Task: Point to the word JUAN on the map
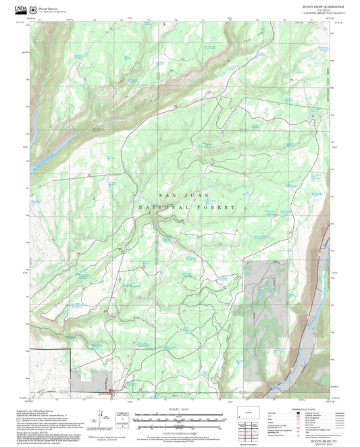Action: pos(199,195)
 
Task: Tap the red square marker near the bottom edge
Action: pos(111,388)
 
